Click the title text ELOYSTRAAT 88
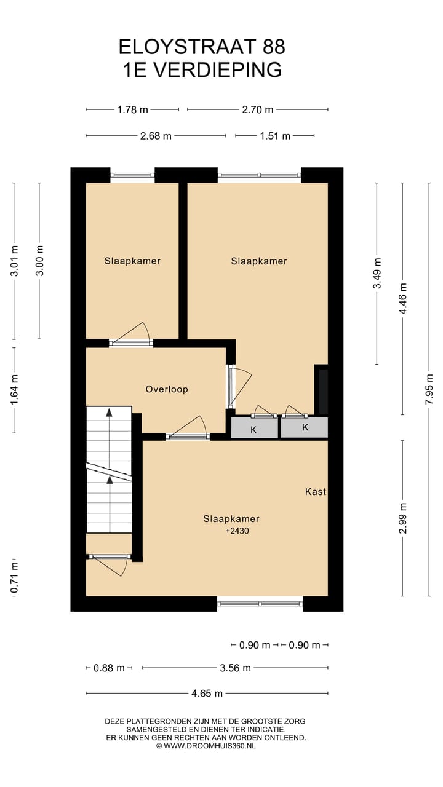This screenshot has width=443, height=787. (x=202, y=47)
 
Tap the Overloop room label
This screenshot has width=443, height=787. (x=167, y=389)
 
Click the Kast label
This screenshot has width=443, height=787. (x=316, y=492)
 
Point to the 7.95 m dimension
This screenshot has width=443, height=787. (x=429, y=389)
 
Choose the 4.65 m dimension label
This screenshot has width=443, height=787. (x=207, y=694)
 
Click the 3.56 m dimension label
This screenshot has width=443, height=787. (x=235, y=668)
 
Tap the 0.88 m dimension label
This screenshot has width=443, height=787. (x=109, y=668)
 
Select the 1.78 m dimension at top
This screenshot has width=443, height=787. (x=132, y=110)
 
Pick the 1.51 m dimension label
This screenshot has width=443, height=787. (x=274, y=136)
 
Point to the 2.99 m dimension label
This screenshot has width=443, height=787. (x=403, y=518)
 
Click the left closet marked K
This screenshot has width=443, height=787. (x=253, y=429)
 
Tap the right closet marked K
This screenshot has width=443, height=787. (x=305, y=428)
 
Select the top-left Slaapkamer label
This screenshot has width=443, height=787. (x=132, y=261)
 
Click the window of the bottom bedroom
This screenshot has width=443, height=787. (x=260, y=604)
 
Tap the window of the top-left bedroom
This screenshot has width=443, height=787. (x=132, y=175)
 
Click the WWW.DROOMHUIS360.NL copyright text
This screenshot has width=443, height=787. (x=206, y=746)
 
